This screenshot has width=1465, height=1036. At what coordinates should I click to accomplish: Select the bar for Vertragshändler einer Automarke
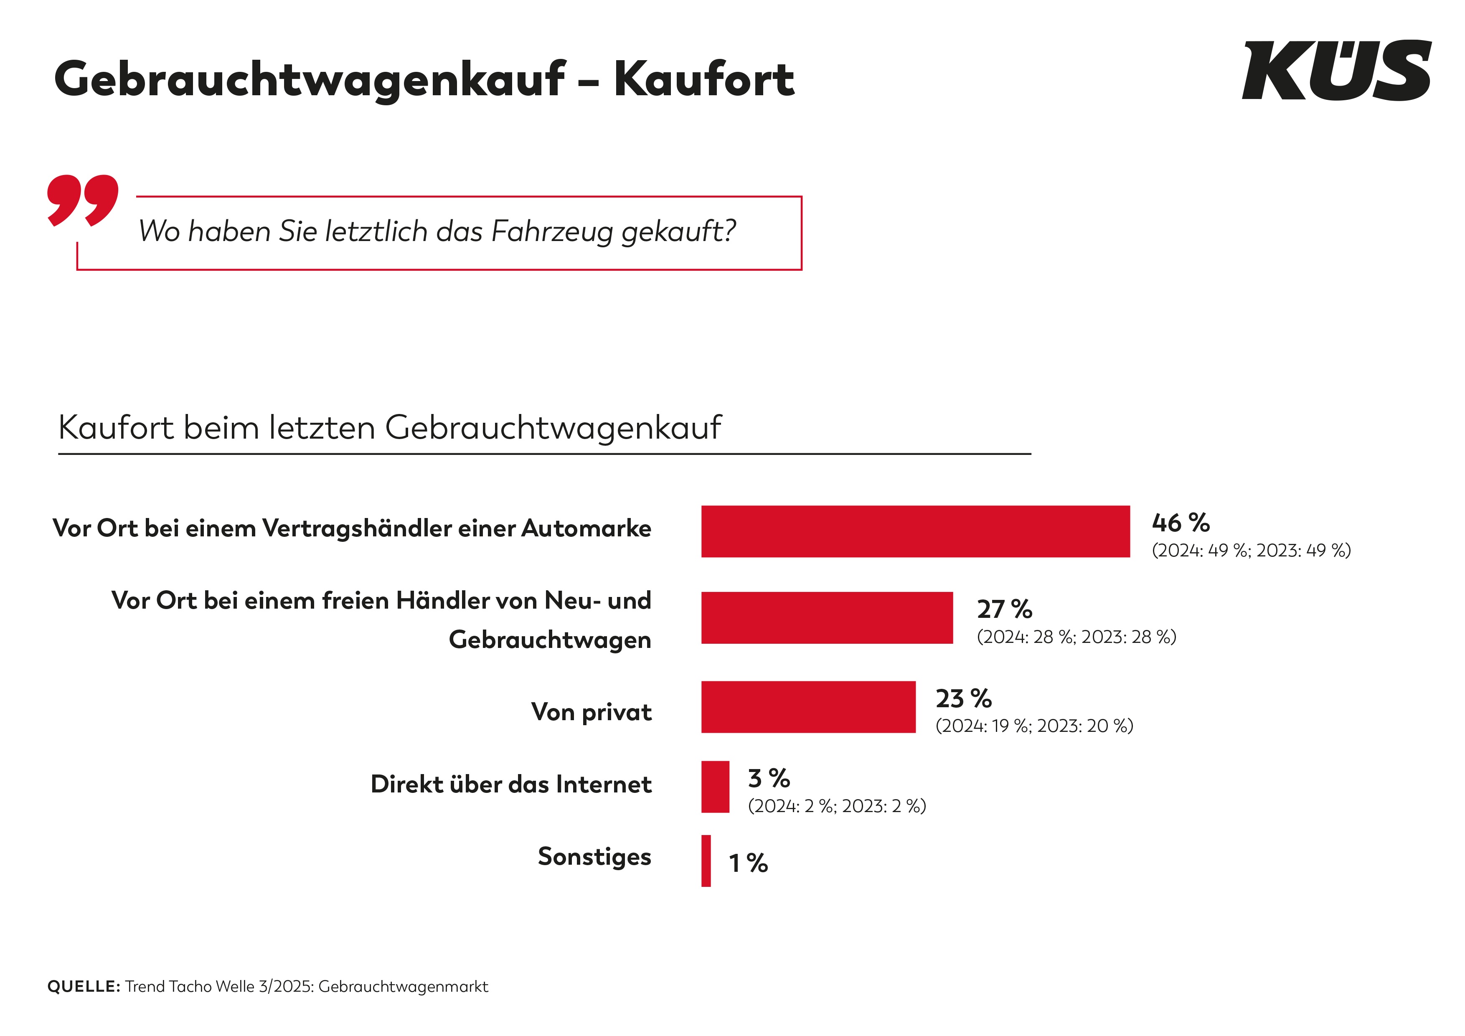coord(915,531)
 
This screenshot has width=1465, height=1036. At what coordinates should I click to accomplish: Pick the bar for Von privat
coord(808,707)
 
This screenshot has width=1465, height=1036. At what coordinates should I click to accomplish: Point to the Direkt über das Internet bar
coord(715,787)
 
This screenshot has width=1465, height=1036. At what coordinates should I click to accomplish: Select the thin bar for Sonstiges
coord(706,861)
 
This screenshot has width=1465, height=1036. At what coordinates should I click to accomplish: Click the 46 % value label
coord(1181,523)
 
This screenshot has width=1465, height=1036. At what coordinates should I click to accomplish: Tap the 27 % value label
coord(1004,609)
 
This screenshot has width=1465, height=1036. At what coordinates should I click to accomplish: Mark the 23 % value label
coord(963,698)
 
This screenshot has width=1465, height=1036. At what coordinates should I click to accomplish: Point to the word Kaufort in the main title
coord(704,79)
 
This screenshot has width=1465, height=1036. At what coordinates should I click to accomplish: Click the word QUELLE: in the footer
coord(84,986)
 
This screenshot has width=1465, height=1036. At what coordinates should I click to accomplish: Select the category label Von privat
coord(591,711)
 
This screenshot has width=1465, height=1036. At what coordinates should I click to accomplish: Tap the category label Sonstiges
coord(594,856)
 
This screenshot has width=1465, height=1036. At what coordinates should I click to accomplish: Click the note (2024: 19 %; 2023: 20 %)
coord(1033,726)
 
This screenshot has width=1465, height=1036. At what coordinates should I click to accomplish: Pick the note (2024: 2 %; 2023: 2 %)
coord(836,806)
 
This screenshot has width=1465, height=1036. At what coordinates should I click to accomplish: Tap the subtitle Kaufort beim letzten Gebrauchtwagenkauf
coord(389,427)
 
